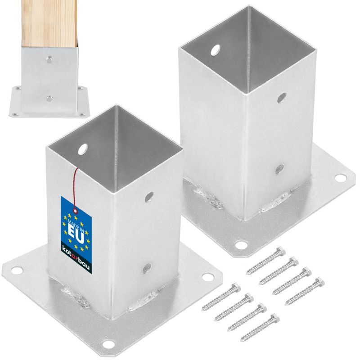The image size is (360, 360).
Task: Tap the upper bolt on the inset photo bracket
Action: (x=50, y=58)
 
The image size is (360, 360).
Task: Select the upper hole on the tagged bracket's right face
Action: (x=148, y=197)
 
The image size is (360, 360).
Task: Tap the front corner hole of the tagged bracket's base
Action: (x=107, y=344)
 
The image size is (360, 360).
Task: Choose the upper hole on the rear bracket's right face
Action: (x=282, y=97)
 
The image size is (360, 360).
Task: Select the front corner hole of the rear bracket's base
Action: (x=242, y=246)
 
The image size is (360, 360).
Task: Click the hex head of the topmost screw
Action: (x=281, y=250)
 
